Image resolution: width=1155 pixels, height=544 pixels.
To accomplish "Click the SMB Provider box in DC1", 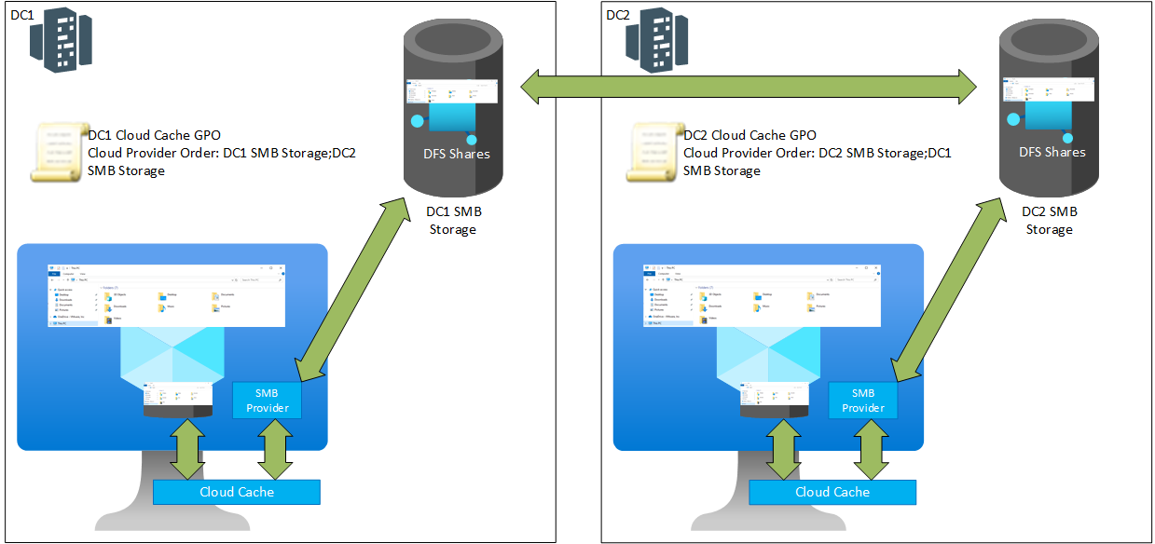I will coord(268,400).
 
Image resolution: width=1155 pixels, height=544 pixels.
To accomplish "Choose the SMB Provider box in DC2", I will coord(863,400).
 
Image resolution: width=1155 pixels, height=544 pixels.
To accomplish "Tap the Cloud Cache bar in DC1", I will coord(237,492).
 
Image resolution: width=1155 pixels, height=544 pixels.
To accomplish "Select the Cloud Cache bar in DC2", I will coord(832,492).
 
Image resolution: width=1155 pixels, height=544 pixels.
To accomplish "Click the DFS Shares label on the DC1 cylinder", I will coord(454,154).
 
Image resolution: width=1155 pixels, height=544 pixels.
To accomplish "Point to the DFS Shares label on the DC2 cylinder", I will coord(1051,152).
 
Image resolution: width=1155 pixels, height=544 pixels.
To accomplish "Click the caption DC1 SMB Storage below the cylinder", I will coord(453,221).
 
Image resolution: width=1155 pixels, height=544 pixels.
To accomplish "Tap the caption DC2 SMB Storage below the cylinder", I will coord(1050,221).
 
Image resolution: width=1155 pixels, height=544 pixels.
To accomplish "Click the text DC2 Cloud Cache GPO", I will coord(749,135).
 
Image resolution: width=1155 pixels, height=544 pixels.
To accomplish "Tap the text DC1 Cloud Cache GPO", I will coord(153,135).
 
